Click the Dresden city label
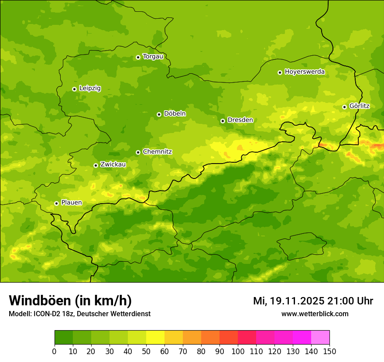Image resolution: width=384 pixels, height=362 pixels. coord(240,120)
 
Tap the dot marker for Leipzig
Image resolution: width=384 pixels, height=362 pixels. coord(74,89)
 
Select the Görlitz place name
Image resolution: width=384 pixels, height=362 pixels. coord(359,106)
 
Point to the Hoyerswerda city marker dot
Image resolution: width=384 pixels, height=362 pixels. coord(280,72)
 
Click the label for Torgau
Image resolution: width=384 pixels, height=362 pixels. coord(153,57)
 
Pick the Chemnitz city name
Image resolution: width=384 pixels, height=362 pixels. coord(157,152)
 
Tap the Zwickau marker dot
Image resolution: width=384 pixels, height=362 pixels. coord(96,165)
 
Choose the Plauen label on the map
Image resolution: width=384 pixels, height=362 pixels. coord(71,203)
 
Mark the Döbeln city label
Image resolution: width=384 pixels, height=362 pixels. coord(175,114)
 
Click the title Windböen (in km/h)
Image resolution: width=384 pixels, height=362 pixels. coord(70,301)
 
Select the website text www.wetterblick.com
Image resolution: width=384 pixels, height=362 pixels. coord(315,314)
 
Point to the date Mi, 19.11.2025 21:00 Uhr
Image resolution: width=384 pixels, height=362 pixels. coord(313,301)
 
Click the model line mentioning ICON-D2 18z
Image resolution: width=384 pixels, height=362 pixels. coord(79,314)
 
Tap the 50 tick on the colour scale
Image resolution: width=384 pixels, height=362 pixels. coord(146,351)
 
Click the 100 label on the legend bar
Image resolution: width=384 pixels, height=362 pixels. coord(238,351)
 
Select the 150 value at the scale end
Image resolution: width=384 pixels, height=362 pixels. coord(329,351)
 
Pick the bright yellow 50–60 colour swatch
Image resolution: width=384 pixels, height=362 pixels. coord(155,338)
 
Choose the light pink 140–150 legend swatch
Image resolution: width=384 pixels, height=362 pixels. coord(320,338)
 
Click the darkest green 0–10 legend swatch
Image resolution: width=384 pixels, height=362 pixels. coord(64,338)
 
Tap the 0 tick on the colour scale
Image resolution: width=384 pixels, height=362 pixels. coord(55,351)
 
